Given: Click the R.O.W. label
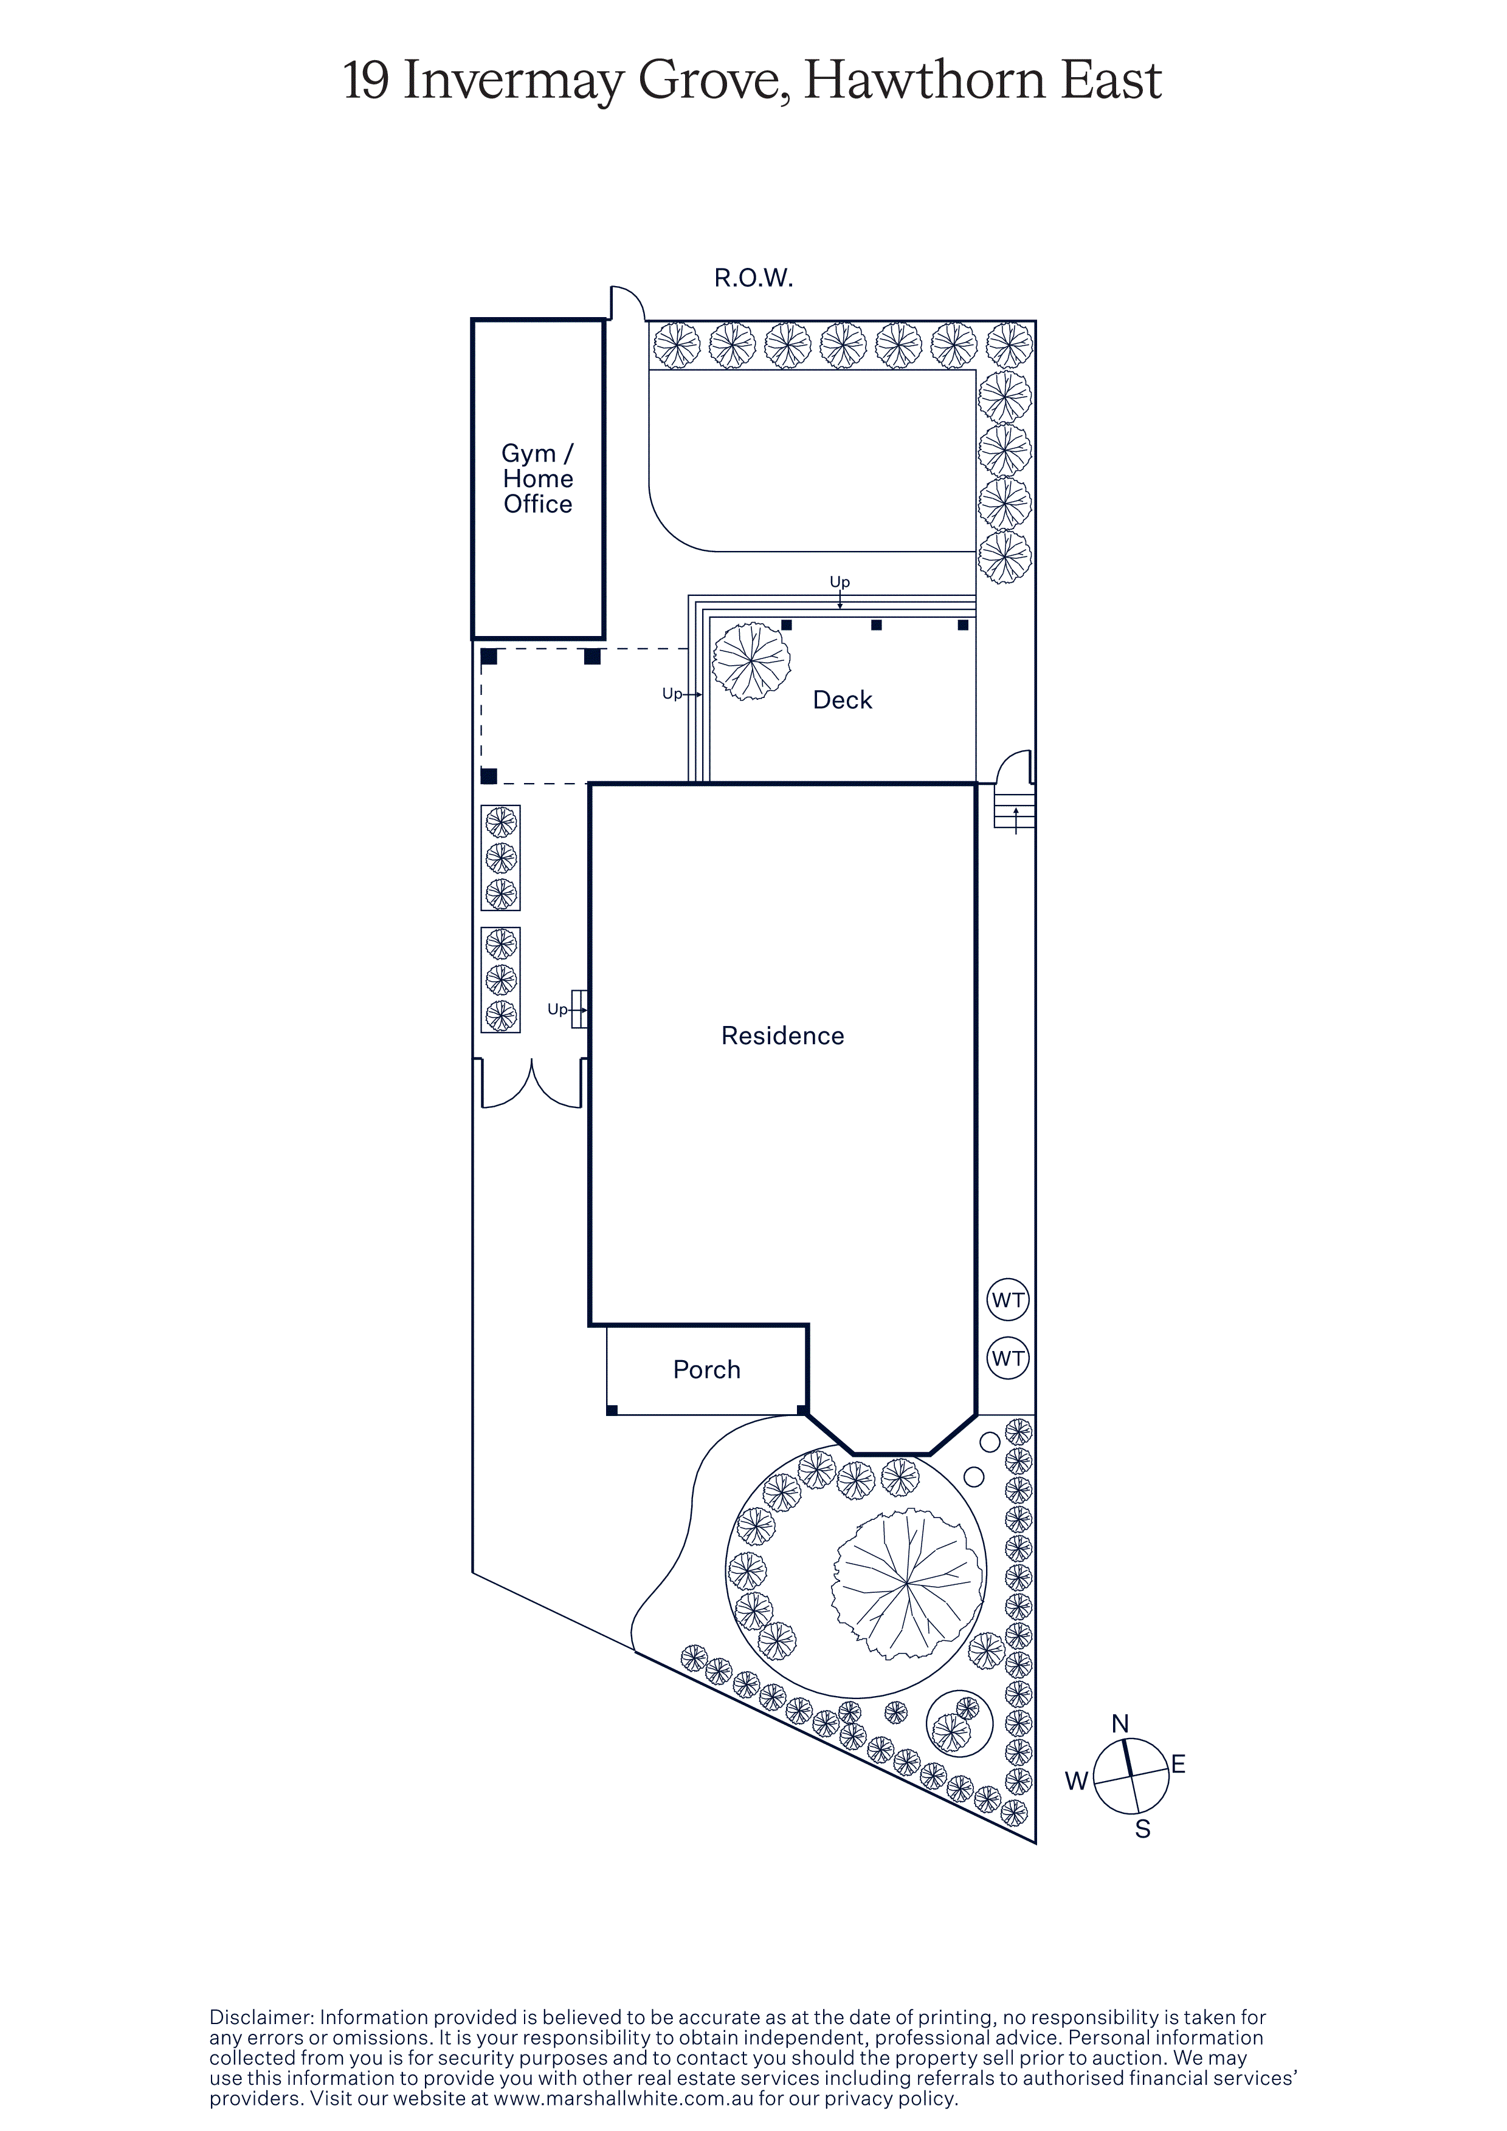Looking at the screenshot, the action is pos(753,278).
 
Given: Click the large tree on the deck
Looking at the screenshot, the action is pos(751,662).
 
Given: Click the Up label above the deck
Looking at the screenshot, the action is pos(840,582).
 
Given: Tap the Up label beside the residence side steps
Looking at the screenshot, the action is pos(557,1009).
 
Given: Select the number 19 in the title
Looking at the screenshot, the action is pos(367,81).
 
